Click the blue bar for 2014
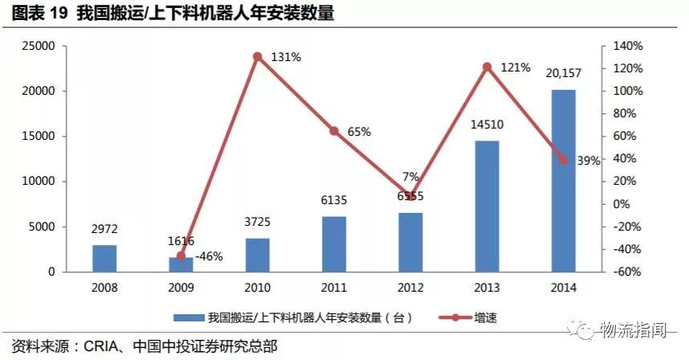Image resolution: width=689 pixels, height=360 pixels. (563, 181)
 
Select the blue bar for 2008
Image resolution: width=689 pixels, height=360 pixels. (104, 258)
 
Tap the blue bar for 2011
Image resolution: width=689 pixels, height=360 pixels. (334, 244)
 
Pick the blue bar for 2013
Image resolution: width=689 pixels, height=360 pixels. (487, 207)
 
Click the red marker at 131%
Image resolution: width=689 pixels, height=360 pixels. (258, 56)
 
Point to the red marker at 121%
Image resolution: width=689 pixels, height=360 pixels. (487, 67)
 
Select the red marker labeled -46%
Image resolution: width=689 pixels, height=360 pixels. (181, 256)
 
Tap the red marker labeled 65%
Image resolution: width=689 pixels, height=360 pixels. (334, 130)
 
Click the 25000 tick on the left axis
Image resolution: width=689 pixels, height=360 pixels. (37, 46)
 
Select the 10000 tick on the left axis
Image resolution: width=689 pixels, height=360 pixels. (37, 182)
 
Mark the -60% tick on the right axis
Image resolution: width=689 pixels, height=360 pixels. (627, 272)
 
